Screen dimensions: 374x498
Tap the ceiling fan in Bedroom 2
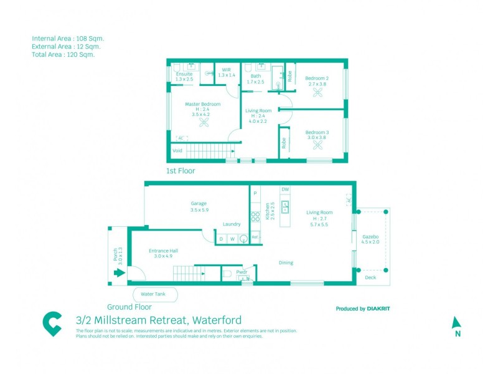[x=319, y=93]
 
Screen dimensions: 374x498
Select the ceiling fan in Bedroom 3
[x=319, y=145]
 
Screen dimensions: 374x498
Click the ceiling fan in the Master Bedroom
[x=204, y=123]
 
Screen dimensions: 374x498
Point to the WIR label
[x=227, y=70]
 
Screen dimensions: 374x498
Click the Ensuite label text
[x=184, y=74]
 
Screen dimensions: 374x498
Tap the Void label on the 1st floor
[x=178, y=150]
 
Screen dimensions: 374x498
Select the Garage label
[x=199, y=203]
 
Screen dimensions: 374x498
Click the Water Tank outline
[x=155, y=294]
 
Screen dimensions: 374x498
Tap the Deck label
[x=370, y=277]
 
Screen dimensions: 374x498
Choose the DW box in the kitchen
[x=285, y=189]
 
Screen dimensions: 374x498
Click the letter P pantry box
[x=255, y=194]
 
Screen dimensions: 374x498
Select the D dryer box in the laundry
[x=221, y=238]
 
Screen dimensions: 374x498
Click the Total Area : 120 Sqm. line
[x=63, y=54]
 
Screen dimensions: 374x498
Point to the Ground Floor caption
[x=129, y=307]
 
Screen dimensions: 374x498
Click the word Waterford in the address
[x=217, y=320]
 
